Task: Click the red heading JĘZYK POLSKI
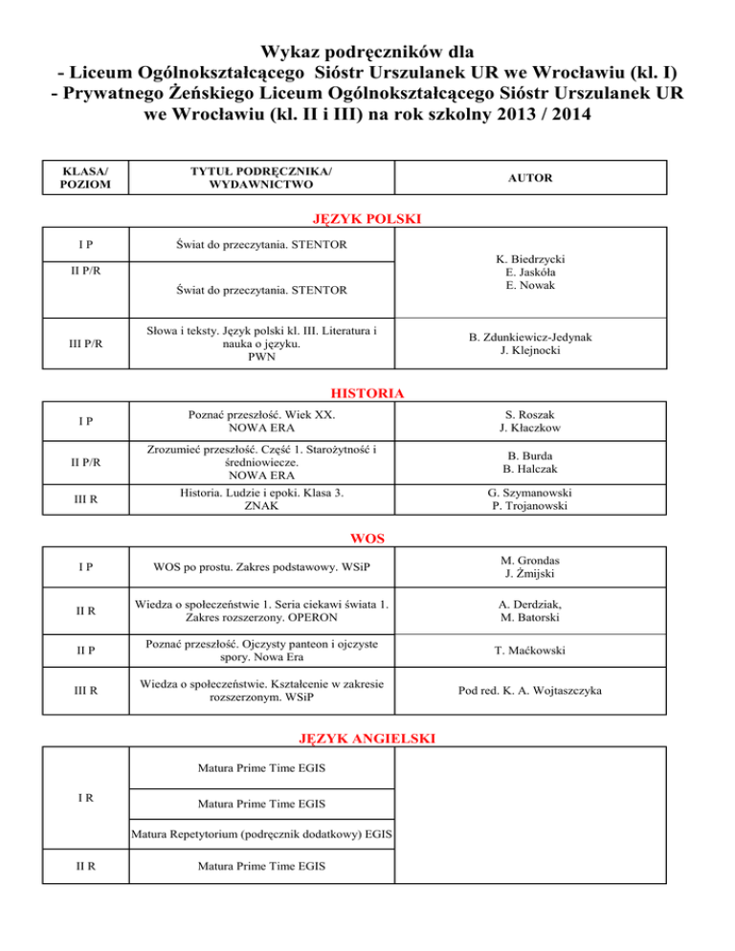pyautogui.click(x=367, y=219)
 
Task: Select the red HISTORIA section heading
pyautogui.click(x=367, y=392)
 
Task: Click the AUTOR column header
pyautogui.click(x=528, y=178)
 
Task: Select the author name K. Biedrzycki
pyautogui.click(x=528, y=258)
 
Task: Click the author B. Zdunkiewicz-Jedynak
pyautogui.click(x=528, y=338)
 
